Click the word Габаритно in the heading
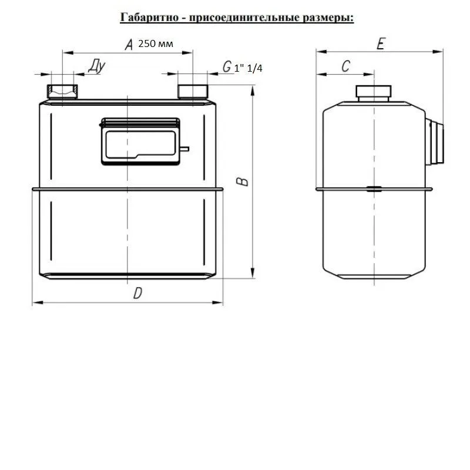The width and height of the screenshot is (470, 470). click(x=149, y=18)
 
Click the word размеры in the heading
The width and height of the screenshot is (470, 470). click(x=328, y=18)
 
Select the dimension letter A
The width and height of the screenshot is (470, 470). click(x=129, y=45)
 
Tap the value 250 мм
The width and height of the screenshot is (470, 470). click(x=156, y=43)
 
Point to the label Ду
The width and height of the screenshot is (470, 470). click(x=96, y=66)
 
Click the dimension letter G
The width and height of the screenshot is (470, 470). click(x=227, y=66)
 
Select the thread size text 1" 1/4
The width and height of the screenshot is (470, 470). click(x=248, y=68)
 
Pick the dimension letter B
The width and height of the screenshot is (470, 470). click(x=242, y=182)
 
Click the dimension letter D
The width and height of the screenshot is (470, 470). click(x=137, y=293)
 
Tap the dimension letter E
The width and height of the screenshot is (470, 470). click(x=381, y=43)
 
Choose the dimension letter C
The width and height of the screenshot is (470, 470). click(x=345, y=66)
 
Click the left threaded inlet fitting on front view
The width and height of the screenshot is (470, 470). click(x=62, y=92)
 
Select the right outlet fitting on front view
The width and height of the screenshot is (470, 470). click(x=193, y=92)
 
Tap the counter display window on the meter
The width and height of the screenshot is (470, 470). click(x=140, y=144)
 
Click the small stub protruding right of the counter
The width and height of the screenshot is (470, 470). click(x=184, y=149)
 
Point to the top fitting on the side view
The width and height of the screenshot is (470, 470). click(x=374, y=93)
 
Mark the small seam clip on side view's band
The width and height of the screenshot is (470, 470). click(x=374, y=189)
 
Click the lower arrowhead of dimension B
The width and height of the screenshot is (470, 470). click(x=253, y=273)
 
